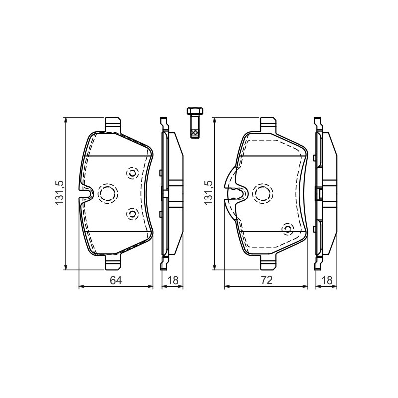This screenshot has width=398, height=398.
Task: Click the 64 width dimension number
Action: (116, 280)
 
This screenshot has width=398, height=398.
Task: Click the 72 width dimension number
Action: (267, 280)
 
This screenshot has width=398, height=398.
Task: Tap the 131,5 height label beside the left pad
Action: (59, 193)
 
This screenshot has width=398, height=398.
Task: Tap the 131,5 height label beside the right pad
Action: (208, 193)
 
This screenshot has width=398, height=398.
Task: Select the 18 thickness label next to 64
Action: (172, 280)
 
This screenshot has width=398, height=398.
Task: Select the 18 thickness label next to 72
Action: (327, 280)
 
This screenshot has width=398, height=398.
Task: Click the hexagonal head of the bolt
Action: (195, 111)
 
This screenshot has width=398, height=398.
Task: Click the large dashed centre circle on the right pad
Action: (263, 193)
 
